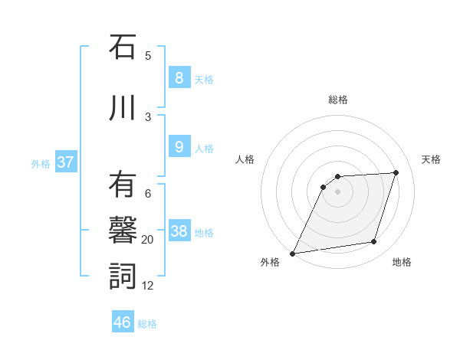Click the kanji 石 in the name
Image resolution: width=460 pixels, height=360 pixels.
coord(123,48)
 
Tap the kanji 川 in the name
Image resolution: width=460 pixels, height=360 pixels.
coord(123,108)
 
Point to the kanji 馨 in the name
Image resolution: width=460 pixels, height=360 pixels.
coord(123,231)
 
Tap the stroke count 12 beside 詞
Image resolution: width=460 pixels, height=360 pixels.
coord(148,286)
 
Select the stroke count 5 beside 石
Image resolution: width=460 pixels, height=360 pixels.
coord(148,56)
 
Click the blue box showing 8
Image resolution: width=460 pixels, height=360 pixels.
coord(179,78)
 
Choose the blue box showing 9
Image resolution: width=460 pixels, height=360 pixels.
coord(179,147)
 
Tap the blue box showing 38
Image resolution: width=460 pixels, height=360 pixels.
coord(179,231)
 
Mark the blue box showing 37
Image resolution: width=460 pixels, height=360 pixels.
coord(65,162)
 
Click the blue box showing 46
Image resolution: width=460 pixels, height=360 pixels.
coord(123,322)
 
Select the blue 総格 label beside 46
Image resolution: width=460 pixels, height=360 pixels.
coord(147,324)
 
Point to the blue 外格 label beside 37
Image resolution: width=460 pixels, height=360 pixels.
coord(41,164)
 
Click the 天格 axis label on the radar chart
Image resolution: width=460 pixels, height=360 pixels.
coord(431,159)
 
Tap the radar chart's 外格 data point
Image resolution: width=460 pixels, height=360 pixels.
coord(292,254)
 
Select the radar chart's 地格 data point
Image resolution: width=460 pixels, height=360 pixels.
coord(374,242)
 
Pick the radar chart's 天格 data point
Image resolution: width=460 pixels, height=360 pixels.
coord(396,172)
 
